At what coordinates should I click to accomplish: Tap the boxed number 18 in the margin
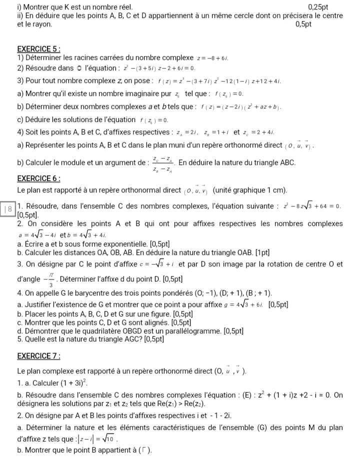tap(8, 210)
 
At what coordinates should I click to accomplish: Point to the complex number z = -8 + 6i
tap(213, 58)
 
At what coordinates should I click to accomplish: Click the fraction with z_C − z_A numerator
tap(162, 163)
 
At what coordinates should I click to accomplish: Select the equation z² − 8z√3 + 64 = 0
tap(311, 206)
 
